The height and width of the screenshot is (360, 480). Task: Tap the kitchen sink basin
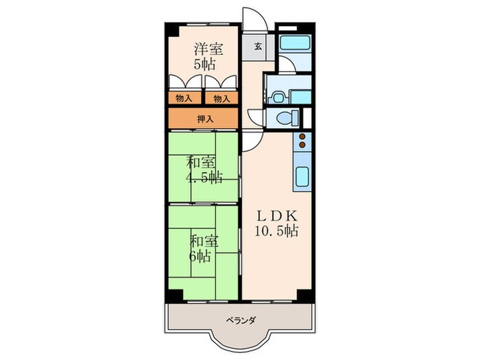pos(302,178)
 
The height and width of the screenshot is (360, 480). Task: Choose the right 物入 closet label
pos(221,99)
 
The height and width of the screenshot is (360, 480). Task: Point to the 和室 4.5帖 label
pos(204,170)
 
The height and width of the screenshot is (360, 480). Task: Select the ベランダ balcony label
pos(239,320)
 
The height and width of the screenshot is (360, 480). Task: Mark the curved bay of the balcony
pos(239,341)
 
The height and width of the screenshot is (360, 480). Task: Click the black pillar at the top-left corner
pos(169,29)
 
